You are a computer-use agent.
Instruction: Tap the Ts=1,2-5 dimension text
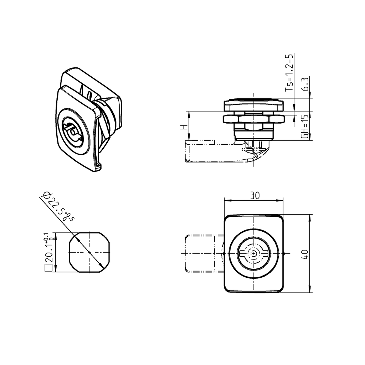pos(290,73)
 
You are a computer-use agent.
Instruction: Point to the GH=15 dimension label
pos(305,127)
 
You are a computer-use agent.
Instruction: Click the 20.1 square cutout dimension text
pos(48,250)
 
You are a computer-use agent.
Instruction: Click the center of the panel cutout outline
pos(89,252)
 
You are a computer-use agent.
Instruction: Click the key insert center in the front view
pos(254,253)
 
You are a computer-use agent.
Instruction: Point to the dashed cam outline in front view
pos(200,253)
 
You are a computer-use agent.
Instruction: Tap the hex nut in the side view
pos(253,119)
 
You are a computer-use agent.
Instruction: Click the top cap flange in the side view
pos(253,105)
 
